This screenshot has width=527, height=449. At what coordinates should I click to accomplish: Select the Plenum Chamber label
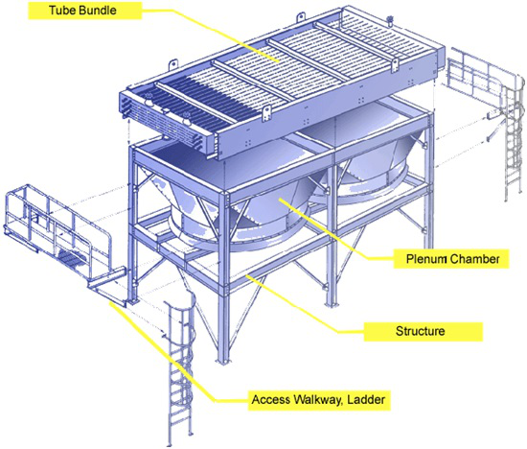coord(451,259)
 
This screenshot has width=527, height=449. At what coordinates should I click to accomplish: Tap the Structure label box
coord(424,331)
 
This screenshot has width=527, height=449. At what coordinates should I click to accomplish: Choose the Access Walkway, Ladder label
coord(319,400)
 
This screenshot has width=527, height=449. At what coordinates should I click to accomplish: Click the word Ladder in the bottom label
coord(366,400)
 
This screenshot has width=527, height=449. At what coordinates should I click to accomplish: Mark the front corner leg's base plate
coord(223,361)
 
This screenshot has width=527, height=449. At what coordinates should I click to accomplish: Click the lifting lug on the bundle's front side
coord(267,113)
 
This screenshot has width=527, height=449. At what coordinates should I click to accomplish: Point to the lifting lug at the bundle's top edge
coord(172,64)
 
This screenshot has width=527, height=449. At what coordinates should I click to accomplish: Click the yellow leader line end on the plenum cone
coord(280,200)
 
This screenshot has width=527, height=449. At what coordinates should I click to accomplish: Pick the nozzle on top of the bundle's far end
coord(390,21)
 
